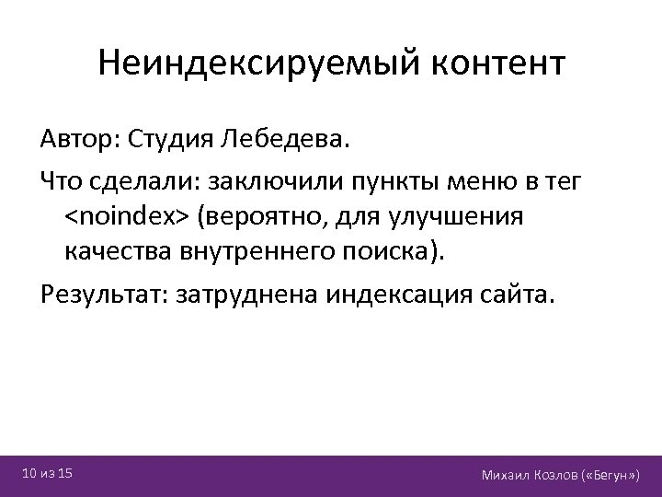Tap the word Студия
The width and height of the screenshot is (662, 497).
click(171, 141)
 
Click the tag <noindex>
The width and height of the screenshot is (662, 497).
click(126, 218)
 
